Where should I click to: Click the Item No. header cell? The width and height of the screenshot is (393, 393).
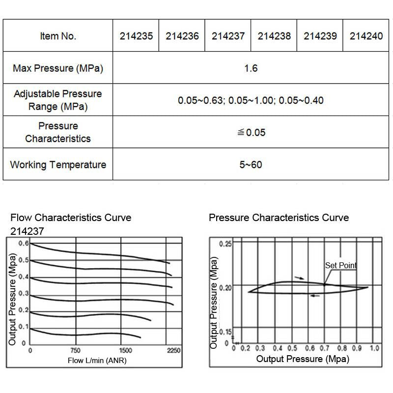coord(58,36)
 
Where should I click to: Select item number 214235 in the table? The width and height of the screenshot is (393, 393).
coord(136,36)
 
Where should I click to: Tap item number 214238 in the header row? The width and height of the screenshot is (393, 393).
coord(274,36)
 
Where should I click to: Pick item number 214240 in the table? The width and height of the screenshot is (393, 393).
coord(366,36)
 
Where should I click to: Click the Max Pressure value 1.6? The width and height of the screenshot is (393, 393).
coord(251,68)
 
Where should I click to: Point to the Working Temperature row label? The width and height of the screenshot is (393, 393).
coord(58,165)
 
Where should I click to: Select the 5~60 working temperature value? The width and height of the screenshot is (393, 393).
coord(251,165)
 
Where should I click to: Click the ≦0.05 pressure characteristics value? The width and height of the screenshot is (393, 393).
coord(251,132)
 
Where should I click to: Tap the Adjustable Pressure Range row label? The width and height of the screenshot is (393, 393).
coord(58,100)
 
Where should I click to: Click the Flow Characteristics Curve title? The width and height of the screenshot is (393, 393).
coord(71,218)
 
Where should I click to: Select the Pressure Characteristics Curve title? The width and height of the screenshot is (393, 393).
coord(279,218)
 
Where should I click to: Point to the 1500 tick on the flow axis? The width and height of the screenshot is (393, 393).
coord(126,350)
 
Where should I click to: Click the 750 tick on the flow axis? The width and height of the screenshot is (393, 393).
coord(76,350)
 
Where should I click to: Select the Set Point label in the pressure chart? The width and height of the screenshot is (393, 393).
coord(340,265)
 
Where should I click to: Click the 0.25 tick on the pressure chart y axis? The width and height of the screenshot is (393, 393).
coord(225,244)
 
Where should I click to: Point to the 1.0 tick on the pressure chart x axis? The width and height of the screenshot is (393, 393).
coord(374,348)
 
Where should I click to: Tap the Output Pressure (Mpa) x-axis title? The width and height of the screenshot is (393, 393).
coord(303,359)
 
